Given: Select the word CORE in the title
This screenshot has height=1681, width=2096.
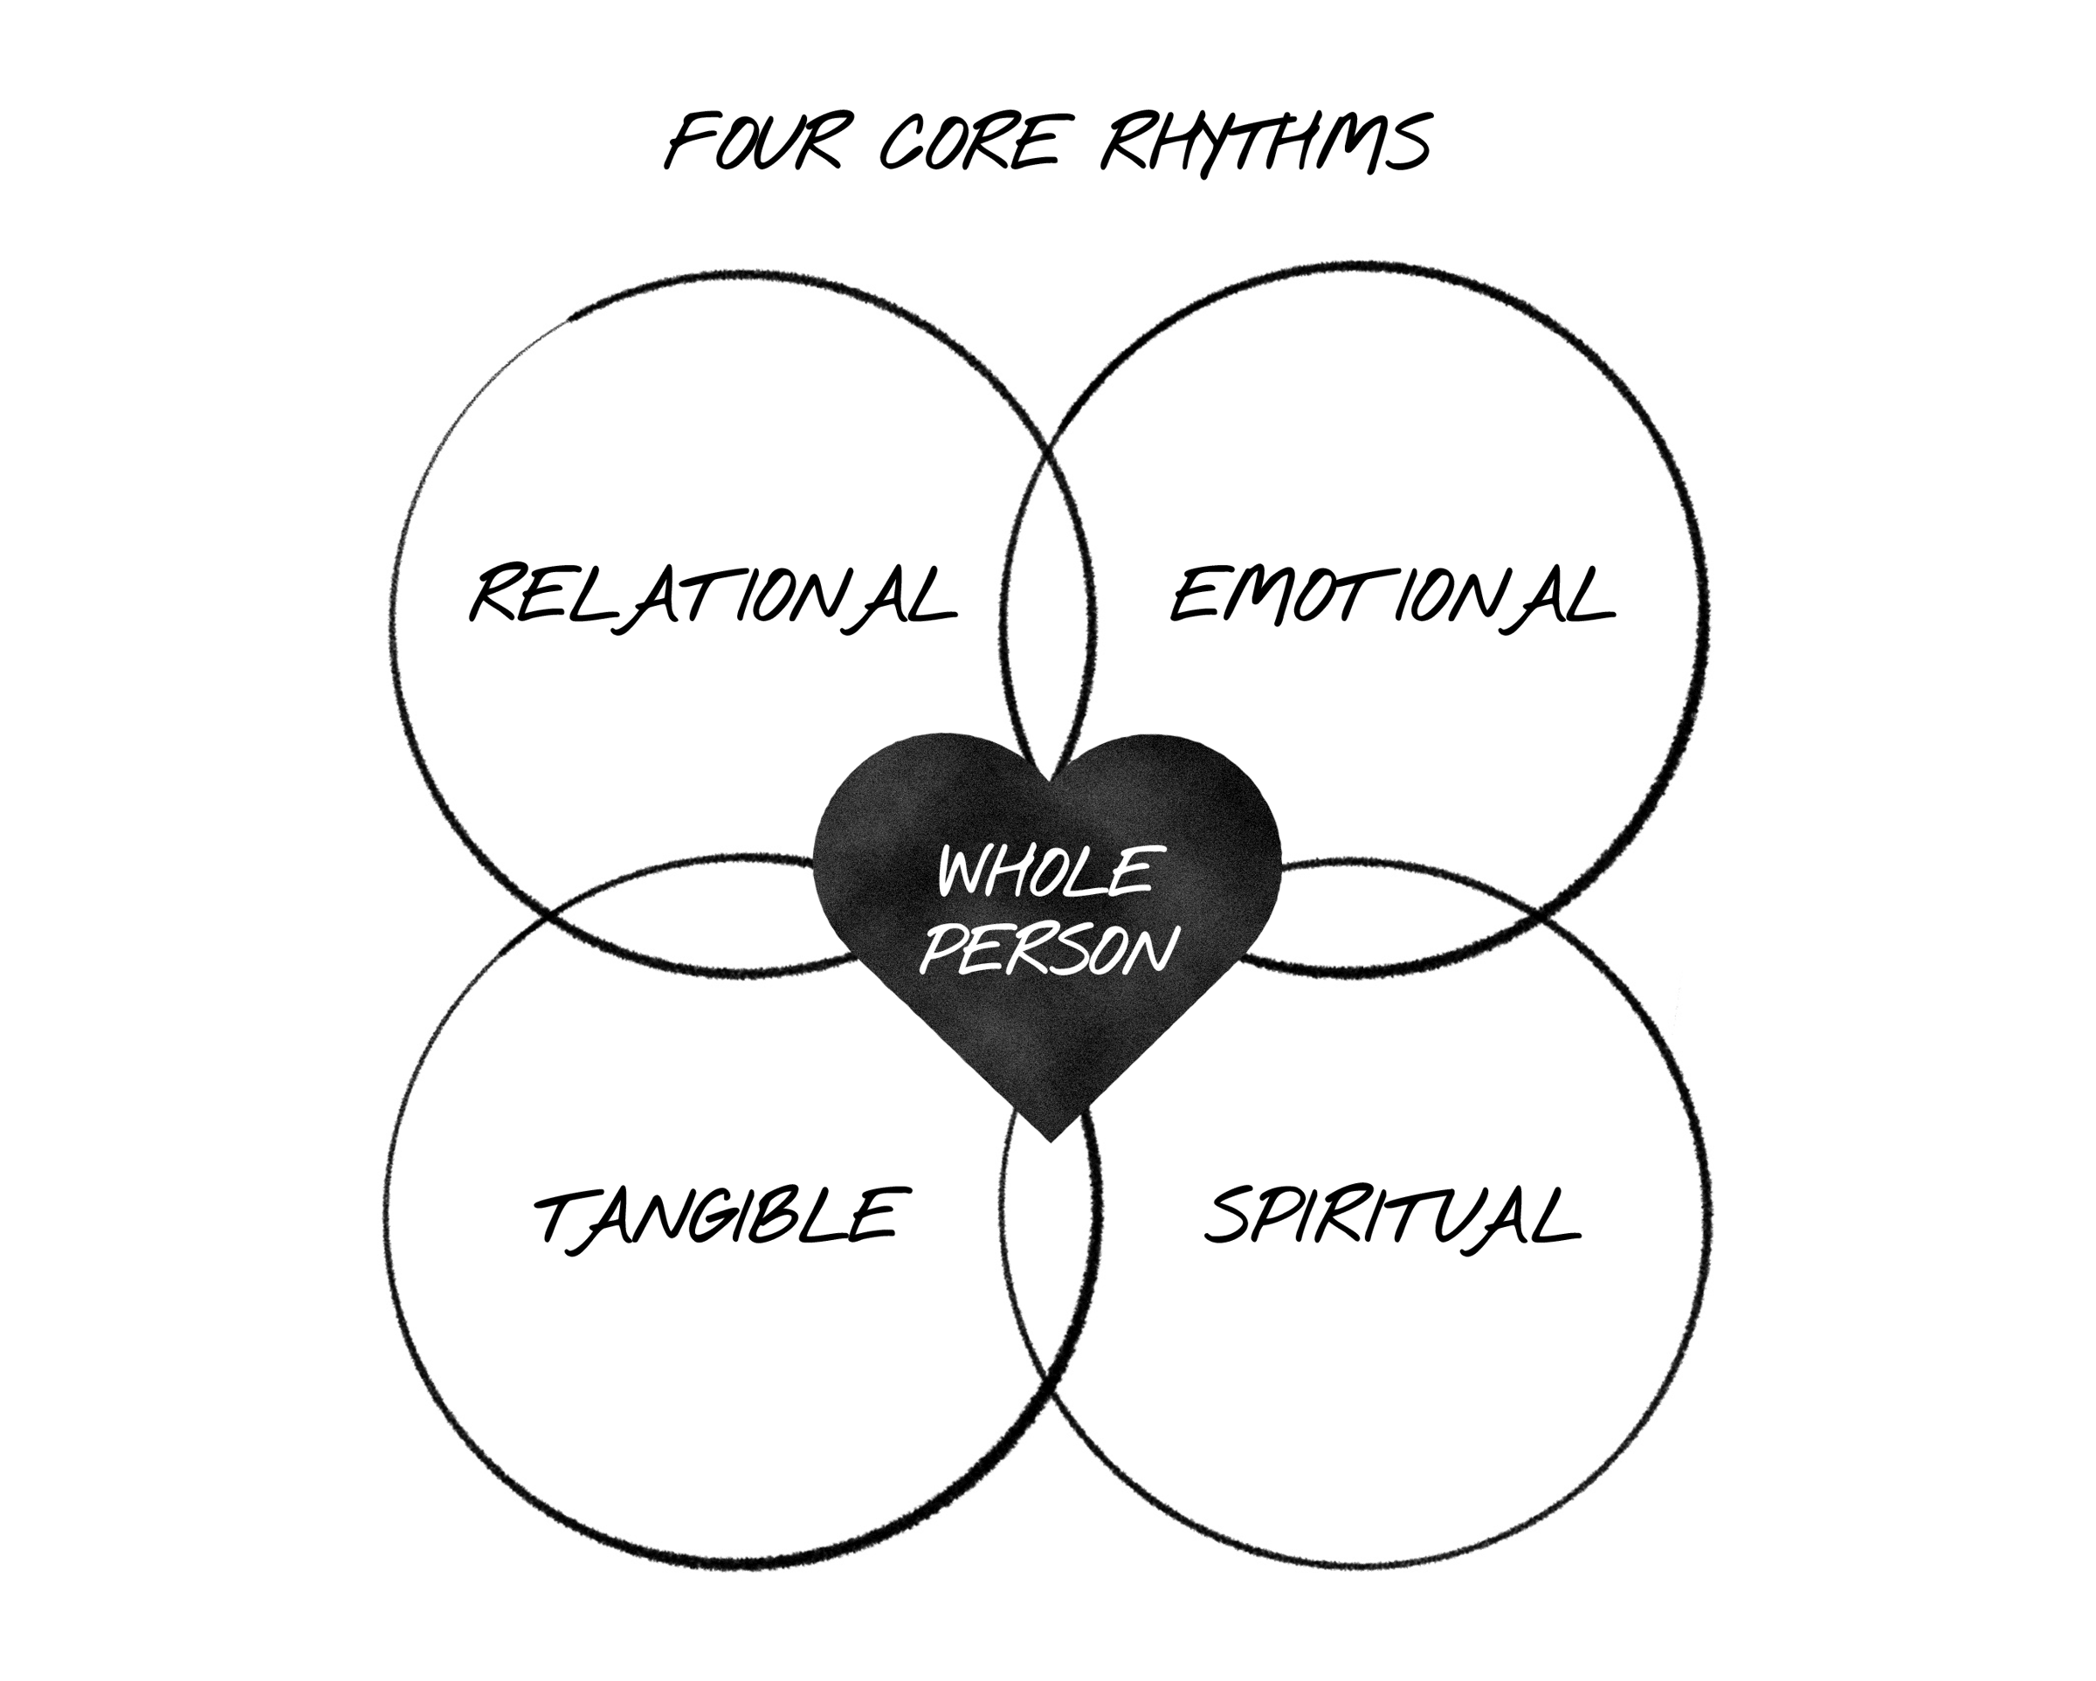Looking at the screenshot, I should pyautogui.click(x=969, y=143).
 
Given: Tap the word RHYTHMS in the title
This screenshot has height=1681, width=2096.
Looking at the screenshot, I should pyautogui.click(x=1265, y=143).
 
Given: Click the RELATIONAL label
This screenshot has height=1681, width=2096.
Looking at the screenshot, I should pyautogui.click(x=714, y=595).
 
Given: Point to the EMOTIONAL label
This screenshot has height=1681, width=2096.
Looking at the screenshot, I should pyautogui.click(x=1392, y=595).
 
